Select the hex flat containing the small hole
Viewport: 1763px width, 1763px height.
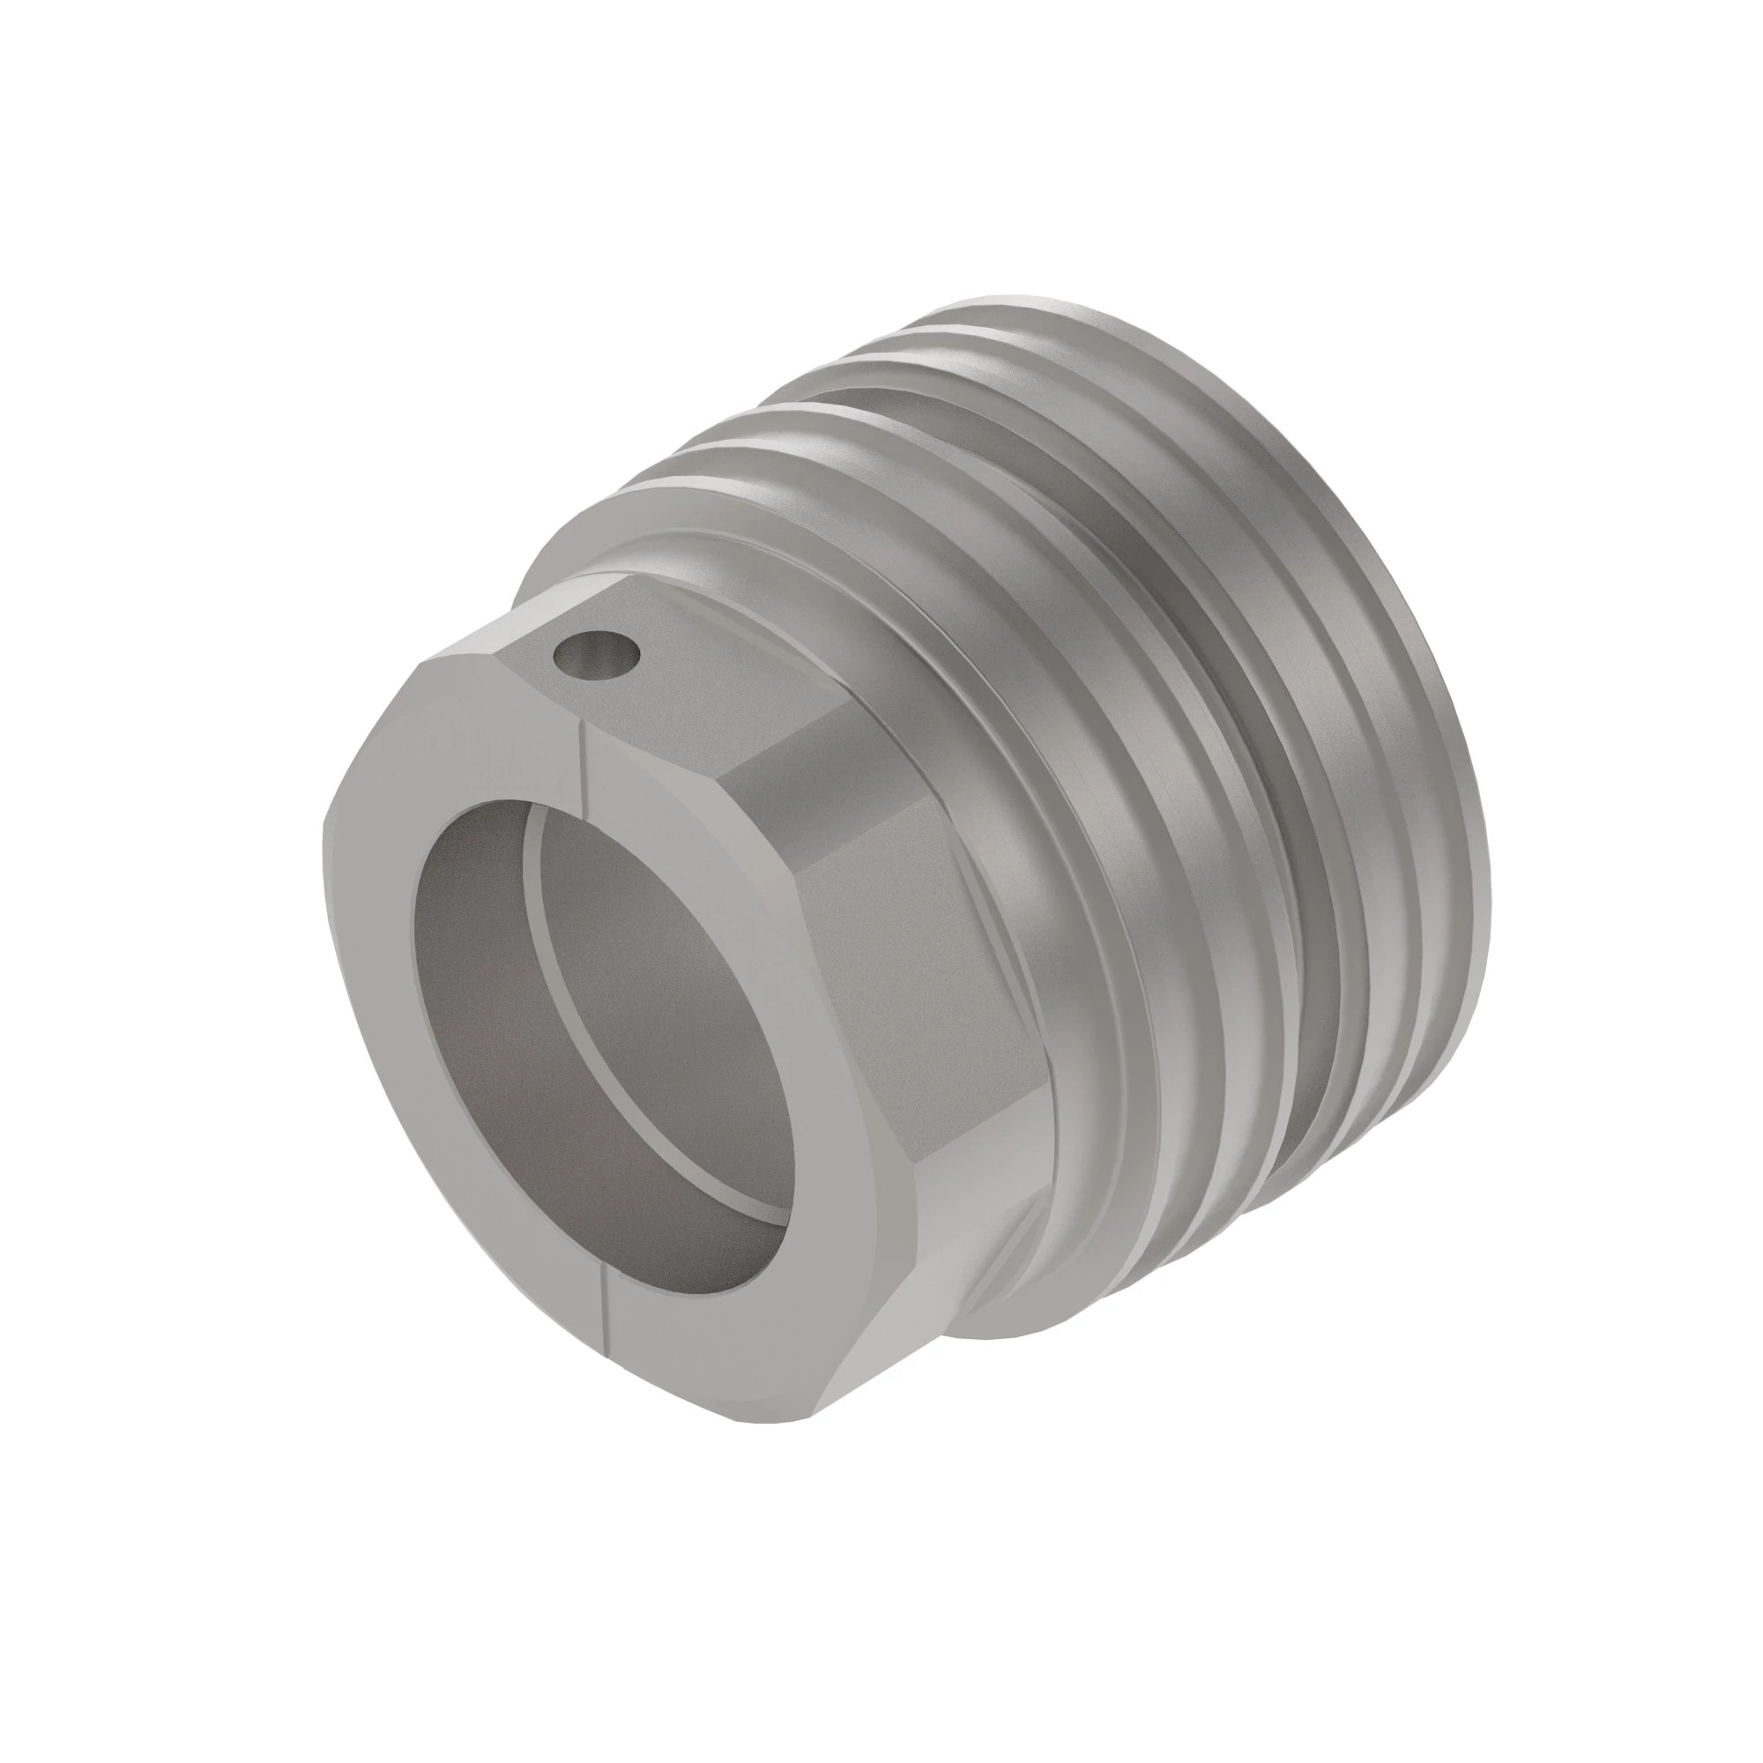[657, 675]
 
